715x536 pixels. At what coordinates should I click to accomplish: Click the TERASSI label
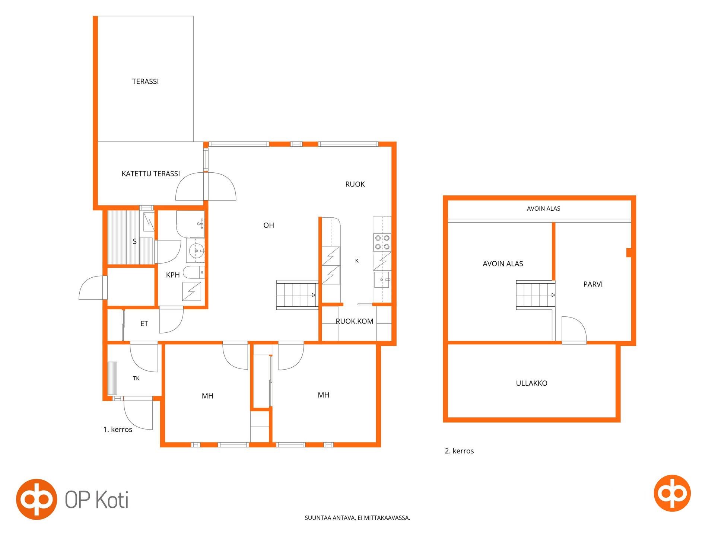tap(145, 82)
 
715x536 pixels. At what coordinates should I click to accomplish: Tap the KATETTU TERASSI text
tap(151, 174)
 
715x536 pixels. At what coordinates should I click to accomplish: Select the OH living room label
tap(268, 225)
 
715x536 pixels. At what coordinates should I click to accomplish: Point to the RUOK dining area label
tap(355, 184)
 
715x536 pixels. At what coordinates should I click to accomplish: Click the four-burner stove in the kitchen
tap(382, 242)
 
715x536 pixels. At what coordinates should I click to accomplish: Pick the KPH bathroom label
tap(173, 275)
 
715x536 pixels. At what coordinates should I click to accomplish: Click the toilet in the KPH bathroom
tap(193, 272)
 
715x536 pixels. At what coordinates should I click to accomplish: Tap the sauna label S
tap(134, 242)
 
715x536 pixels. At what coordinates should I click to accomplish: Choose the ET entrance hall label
tap(144, 324)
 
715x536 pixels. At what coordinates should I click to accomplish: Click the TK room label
tap(136, 378)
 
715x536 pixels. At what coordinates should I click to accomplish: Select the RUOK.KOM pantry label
tap(354, 321)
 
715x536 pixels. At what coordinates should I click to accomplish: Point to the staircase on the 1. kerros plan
tap(297, 295)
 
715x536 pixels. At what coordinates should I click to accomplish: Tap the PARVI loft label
tap(593, 284)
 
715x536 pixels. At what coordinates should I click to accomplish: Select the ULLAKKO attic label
tap(531, 383)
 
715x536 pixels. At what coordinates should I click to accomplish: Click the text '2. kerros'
tap(459, 451)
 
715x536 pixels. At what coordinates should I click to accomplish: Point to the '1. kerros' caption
tap(118, 430)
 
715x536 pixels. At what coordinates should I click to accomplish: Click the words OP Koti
tap(97, 500)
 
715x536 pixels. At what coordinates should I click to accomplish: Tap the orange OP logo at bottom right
tap(672, 493)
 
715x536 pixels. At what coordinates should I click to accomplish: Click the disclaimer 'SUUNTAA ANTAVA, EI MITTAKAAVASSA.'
tap(357, 518)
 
